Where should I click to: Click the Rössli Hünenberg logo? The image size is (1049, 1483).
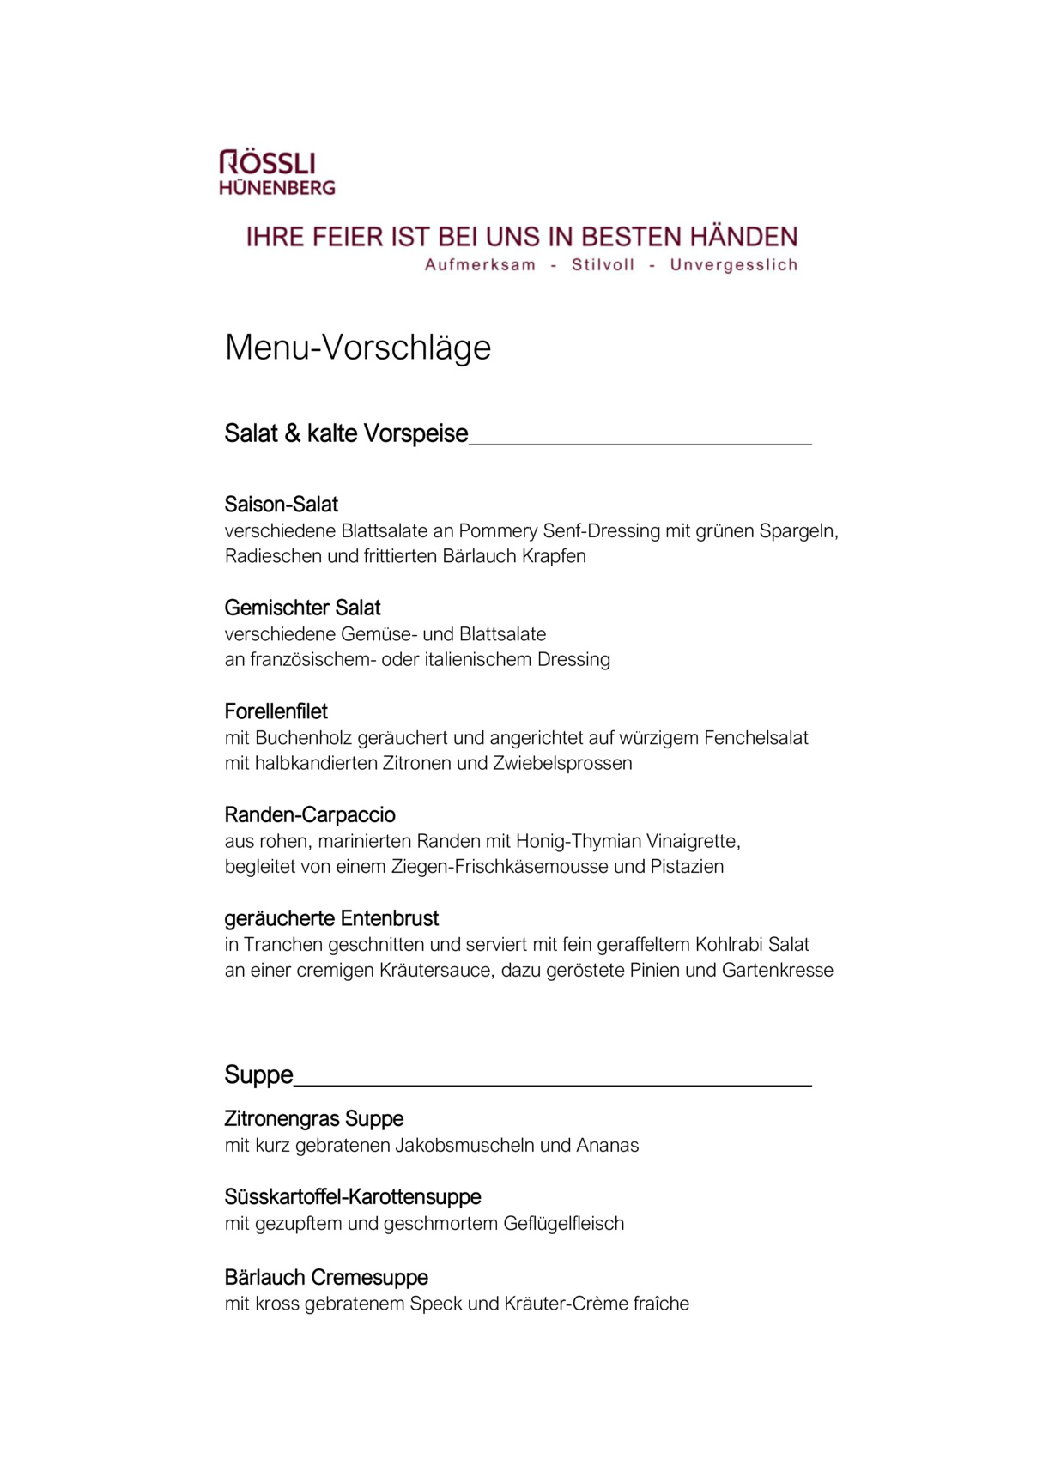click(x=276, y=173)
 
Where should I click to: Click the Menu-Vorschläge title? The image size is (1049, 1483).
click(x=357, y=348)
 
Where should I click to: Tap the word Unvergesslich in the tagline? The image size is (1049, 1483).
click(x=733, y=265)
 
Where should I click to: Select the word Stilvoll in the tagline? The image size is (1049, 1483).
click(x=603, y=265)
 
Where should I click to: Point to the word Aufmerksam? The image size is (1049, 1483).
click(x=480, y=265)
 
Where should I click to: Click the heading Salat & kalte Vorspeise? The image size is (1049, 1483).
click(x=346, y=433)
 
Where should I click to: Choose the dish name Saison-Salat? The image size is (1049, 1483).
click(x=282, y=505)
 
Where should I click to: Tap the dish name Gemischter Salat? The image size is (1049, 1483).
click(x=302, y=608)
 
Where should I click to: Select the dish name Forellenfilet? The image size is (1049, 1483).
click(x=276, y=711)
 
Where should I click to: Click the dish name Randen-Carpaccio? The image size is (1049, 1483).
click(x=310, y=815)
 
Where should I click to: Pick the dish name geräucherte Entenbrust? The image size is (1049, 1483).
click(x=331, y=919)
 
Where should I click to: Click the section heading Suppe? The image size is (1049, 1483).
click(x=258, y=1075)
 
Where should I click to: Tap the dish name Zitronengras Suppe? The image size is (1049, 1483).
click(x=313, y=1119)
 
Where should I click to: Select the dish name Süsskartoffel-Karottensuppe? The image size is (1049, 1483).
click(x=353, y=1197)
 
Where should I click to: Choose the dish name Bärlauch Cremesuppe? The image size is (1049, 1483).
click(x=326, y=1278)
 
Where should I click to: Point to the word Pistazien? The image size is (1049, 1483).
click(x=687, y=867)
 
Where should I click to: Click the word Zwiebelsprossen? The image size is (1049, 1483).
click(x=562, y=764)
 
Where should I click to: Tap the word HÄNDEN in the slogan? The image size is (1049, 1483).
click(x=743, y=237)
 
